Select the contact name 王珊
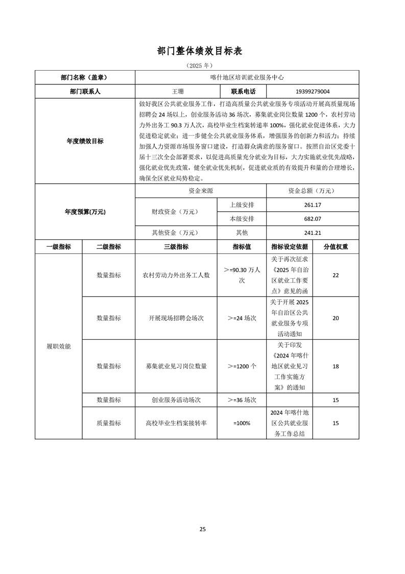177,92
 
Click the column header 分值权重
336,247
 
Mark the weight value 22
336,275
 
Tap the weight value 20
336,318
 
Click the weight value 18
336,366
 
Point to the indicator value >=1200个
242,366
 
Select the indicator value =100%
242,423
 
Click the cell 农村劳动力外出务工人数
176,275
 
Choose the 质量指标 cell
109,423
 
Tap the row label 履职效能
59,346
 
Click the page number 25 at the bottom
203,529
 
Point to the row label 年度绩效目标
85,141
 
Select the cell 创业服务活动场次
176,400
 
